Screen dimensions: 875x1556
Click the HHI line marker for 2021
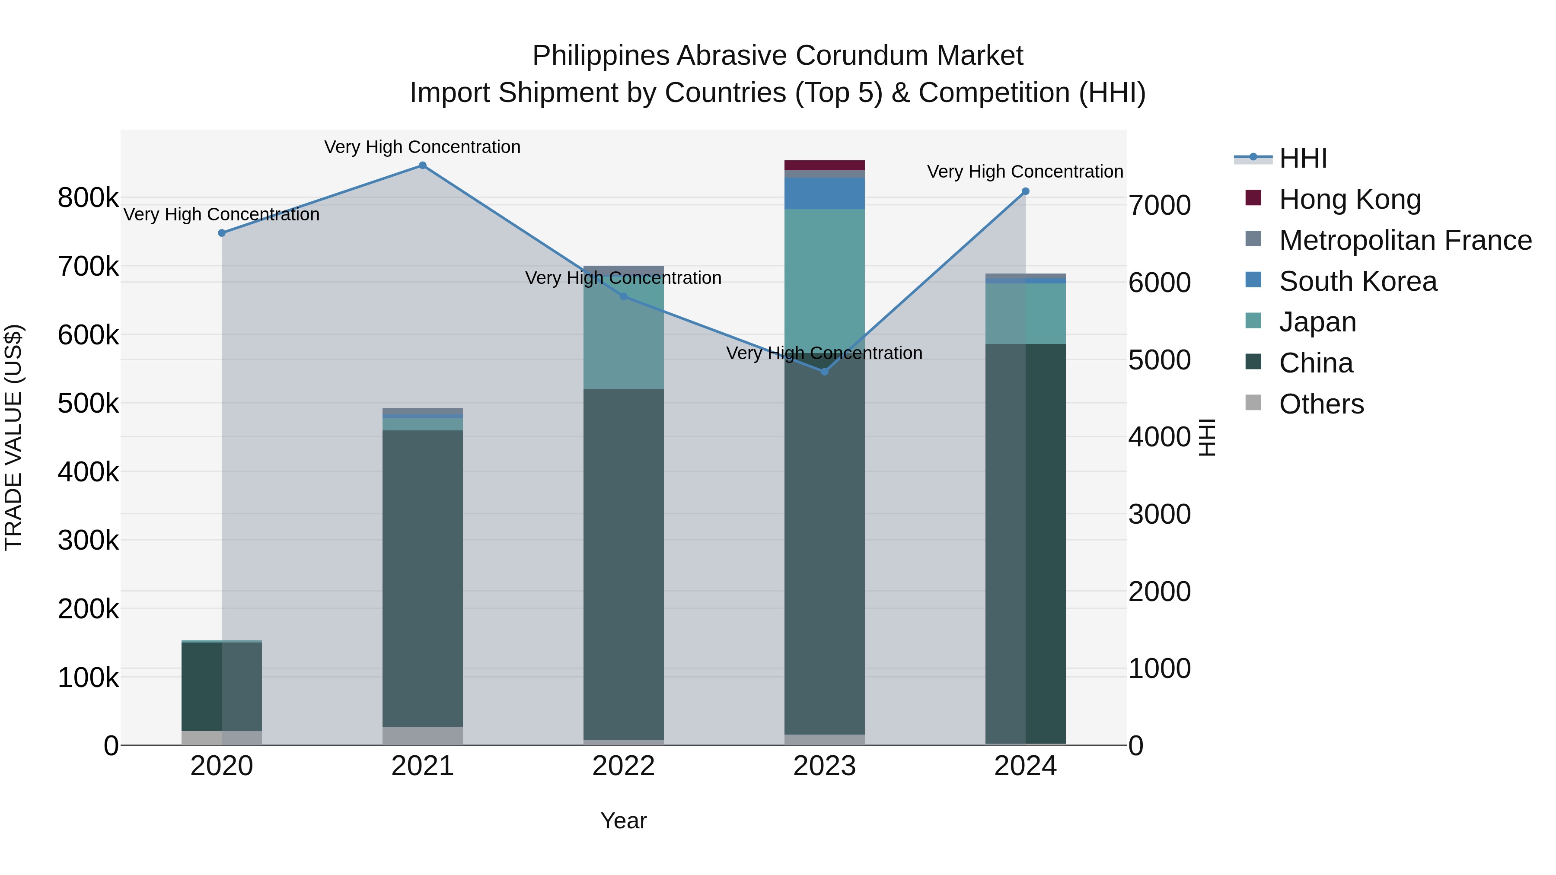(x=422, y=165)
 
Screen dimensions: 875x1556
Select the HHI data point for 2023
(x=825, y=371)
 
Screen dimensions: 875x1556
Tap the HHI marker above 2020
(x=222, y=233)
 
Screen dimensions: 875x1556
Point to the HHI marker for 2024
(x=1025, y=191)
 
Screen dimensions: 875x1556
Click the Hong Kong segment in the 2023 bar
(x=825, y=165)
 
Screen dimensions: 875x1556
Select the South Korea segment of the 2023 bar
(x=825, y=193)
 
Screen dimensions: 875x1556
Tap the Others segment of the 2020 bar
(x=222, y=738)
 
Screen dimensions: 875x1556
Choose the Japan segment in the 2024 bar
(x=1025, y=313)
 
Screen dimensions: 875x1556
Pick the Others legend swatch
(x=1253, y=403)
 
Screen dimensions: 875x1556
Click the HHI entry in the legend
(x=1303, y=158)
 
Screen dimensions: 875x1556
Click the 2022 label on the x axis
(x=623, y=766)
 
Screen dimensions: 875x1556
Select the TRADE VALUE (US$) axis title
(x=13, y=437)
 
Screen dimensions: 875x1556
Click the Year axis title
(x=623, y=821)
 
